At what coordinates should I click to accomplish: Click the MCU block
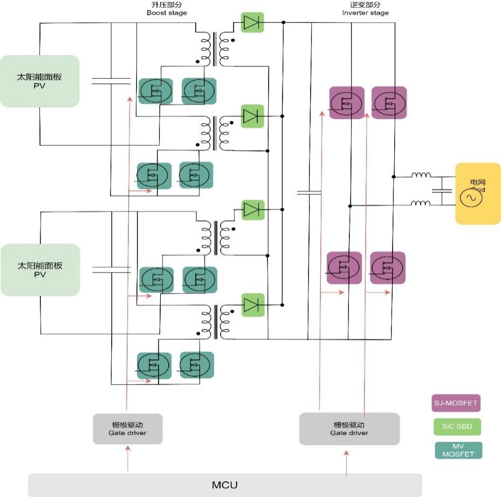[225, 485]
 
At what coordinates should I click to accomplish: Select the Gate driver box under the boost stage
[127, 428]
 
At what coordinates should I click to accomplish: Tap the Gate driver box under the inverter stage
[349, 428]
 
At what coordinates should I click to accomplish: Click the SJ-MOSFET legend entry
[456, 403]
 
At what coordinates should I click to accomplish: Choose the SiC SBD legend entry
[457, 426]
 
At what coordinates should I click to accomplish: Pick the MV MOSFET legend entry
[457, 450]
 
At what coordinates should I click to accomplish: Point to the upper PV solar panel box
[39, 81]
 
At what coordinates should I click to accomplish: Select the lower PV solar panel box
[39, 270]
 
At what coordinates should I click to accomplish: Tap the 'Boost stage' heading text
[167, 12]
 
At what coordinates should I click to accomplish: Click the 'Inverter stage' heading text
[365, 12]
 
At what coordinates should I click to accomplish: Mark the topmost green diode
[252, 22]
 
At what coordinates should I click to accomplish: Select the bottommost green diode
[252, 305]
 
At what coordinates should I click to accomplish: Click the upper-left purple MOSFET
[346, 103]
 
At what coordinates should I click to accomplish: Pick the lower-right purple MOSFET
[387, 268]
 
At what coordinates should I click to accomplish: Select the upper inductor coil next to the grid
[421, 175]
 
